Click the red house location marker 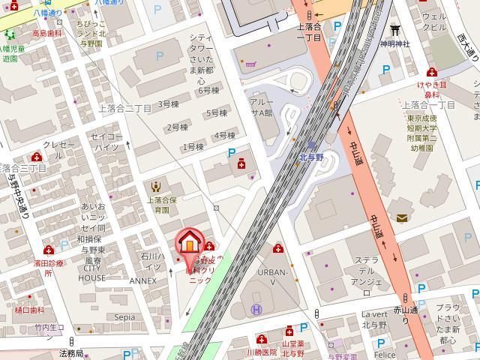point(190,243)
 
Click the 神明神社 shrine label point(394,44)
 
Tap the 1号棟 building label point(193,147)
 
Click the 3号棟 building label point(169,103)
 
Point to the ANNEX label point(142,280)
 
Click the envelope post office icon point(403,218)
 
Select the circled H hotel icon point(256,308)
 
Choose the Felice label point(385,354)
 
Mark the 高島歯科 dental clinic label point(45,34)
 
